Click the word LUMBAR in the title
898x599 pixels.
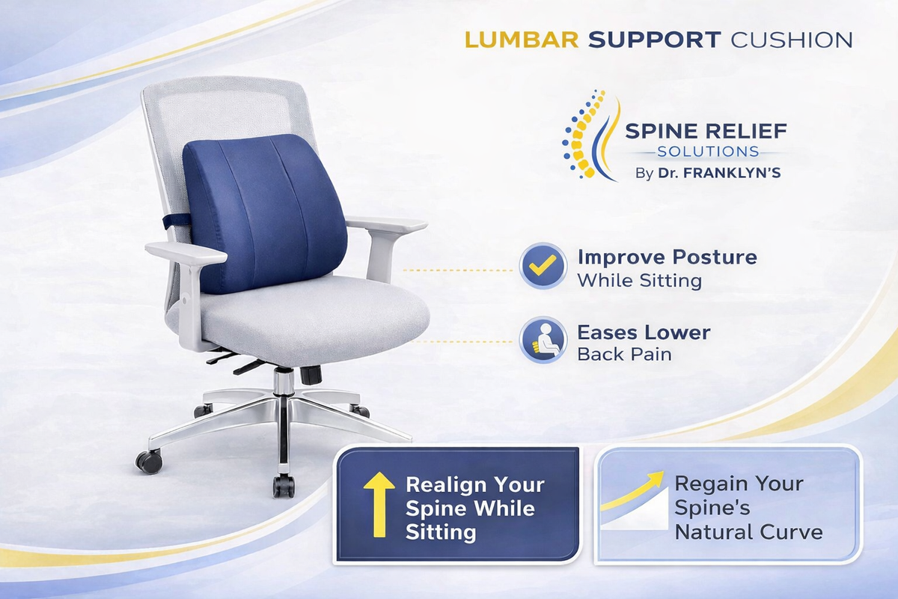click(x=522, y=40)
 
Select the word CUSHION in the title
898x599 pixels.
click(x=792, y=40)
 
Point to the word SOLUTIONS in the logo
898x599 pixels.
click(x=708, y=152)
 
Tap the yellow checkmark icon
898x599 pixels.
click(x=543, y=265)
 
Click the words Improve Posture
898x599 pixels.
click(x=667, y=258)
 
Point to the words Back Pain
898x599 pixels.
click(x=624, y=354)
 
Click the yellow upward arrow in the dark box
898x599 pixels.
click(x=379, y=505)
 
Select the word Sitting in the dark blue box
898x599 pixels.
click(x=441, y=533)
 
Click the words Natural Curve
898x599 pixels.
click(x=748, y=532)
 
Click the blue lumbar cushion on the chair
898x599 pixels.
click(x=265, y=213)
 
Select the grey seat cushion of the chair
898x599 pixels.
click(x=299, y=317)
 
